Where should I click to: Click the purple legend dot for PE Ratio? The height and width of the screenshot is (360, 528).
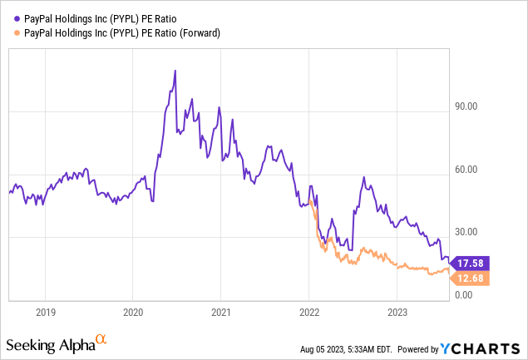pyautogui.click(x=17, y=17)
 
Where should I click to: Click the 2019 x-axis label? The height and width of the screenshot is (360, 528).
pyautogui.click(x=46, y=312)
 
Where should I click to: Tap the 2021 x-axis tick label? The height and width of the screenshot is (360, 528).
pyautogui.click(x=221, y=312)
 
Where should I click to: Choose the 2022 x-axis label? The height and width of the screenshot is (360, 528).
pyautogui.click(x=309, y=312)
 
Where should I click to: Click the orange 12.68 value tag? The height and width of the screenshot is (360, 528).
pyautogui.click(x=470, y=278)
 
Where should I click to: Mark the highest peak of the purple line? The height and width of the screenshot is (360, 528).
pyautogui.click(x=175, y=71)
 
